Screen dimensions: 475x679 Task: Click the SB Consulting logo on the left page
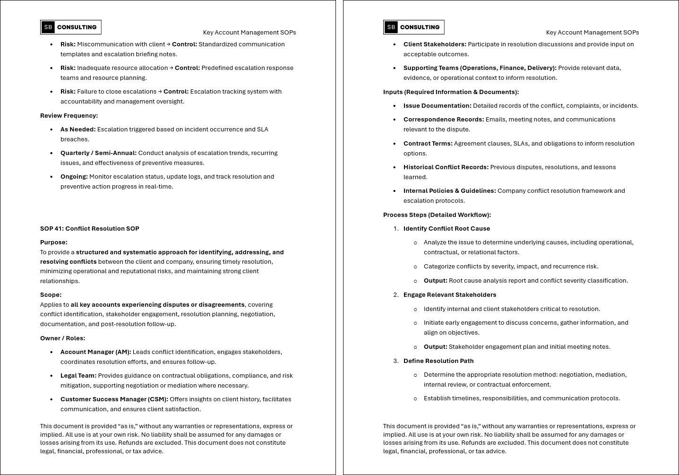click(71, 27)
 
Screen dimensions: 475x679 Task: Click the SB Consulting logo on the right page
click(414, 27)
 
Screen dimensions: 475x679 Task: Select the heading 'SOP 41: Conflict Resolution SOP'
click(90, 229)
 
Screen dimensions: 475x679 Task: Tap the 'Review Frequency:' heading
click(69, 116)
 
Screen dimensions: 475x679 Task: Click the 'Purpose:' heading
click(54, 242)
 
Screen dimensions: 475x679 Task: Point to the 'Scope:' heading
click(51, 295)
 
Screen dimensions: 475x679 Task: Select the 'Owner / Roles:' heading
click(62, 338)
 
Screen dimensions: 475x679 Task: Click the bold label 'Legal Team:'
click(78, 376)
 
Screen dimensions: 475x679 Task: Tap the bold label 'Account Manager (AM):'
click(96, 352)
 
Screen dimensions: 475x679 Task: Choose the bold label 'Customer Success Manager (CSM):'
click(114, 399)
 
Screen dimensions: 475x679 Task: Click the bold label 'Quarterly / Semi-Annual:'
click(98, 153)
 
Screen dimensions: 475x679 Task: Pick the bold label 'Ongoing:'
click(74, 177)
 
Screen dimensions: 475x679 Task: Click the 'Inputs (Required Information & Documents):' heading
click(451, 92)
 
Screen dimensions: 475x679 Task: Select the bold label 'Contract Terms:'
click(428, 144)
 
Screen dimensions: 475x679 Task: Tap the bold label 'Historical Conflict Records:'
click(446, 167)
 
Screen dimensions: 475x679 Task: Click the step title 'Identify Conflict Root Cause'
click(447, 229)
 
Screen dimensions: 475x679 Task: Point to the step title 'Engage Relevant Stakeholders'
click(450, 295)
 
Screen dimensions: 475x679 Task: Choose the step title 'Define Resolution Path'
click(438, 361)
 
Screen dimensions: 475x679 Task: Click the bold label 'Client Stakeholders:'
click(435, 44)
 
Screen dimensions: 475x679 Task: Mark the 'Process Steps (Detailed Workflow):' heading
click(437, 215)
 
